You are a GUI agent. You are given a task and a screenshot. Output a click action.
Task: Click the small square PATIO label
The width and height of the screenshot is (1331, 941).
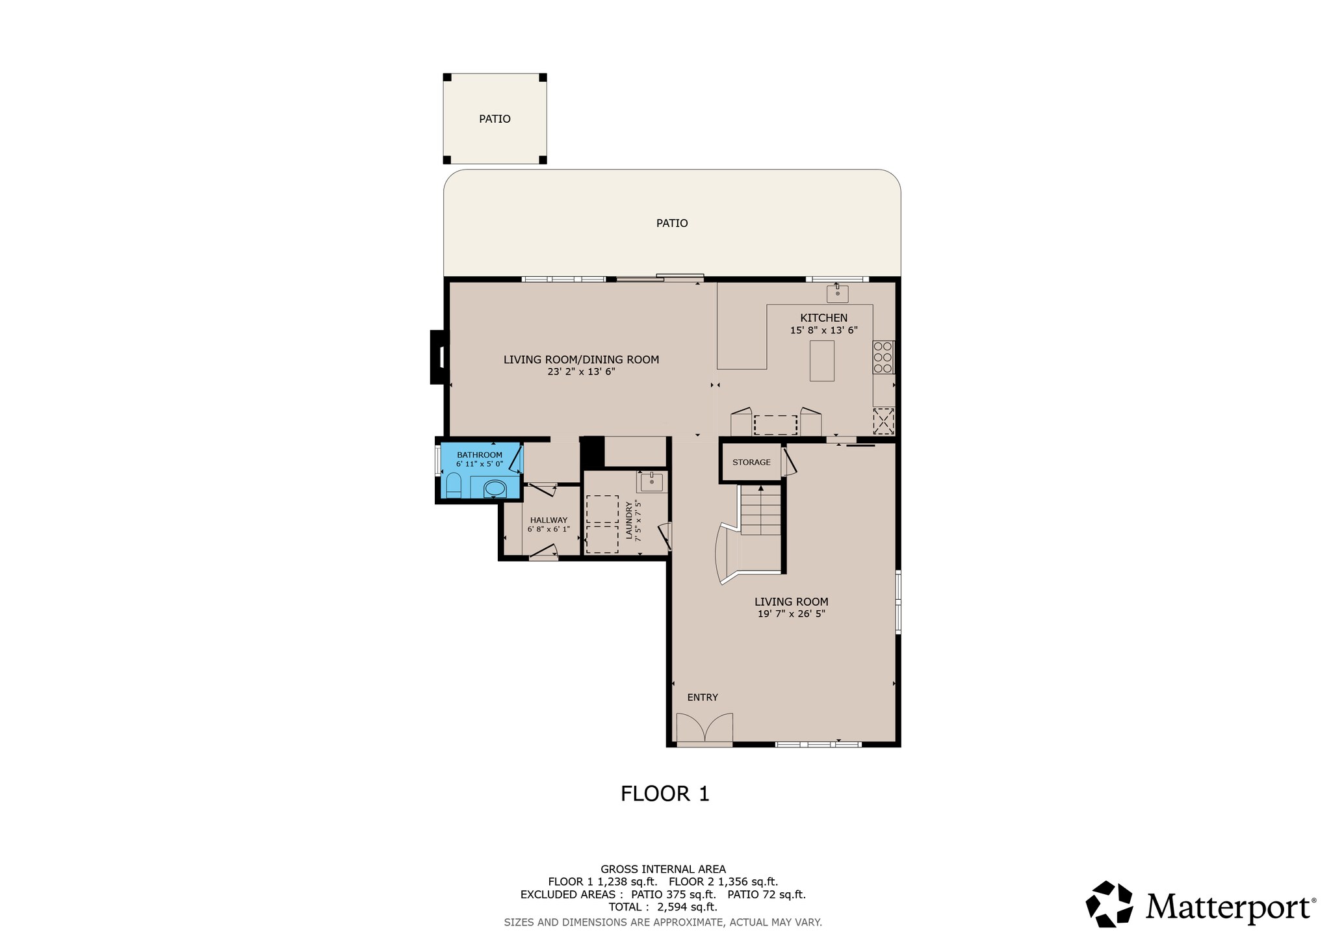pos(495,119)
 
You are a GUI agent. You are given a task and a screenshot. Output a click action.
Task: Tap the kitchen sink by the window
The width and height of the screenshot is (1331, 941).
pos(837,294)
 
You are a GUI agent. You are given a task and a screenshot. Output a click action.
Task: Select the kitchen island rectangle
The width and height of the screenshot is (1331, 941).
pos(821,361)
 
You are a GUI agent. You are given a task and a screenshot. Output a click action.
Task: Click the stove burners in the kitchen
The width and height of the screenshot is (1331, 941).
pos(883,357)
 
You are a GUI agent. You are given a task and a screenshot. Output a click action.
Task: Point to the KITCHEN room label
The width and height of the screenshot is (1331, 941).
pos(823,318)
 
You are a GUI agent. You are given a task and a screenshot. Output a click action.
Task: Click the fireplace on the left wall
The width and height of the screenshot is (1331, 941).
pos(439,357)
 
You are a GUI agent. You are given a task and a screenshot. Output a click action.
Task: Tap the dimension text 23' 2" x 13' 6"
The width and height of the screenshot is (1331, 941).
pos(581,372)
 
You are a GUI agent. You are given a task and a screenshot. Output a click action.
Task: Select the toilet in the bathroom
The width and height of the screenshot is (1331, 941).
pos(454,485)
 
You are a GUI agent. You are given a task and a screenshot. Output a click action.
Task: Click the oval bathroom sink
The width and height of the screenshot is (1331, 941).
pos(495,488)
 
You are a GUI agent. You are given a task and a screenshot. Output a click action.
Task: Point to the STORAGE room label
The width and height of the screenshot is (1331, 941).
pos(751,462)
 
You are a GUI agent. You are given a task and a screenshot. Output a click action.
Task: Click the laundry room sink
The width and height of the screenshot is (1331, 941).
pos(651,482)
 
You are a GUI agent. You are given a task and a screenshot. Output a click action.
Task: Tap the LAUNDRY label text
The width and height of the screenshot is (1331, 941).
pos(628,521)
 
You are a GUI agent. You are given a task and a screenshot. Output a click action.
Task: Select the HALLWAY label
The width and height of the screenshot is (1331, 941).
pos(549,520)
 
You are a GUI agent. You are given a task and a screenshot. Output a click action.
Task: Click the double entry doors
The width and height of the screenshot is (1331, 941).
pos(704,729)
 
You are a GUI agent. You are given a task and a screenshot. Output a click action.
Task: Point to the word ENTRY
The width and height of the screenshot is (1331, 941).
pos(703,697)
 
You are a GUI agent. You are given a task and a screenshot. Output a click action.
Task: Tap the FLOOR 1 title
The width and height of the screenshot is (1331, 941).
pos(665,793)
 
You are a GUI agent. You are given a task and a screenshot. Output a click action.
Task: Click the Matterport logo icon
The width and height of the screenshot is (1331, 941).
pos(1110,904)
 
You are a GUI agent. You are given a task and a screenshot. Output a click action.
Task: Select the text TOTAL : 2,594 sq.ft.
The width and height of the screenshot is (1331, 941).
pos(662,907)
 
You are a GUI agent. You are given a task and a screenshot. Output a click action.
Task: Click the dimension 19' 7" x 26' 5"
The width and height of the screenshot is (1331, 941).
pos(791,613)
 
